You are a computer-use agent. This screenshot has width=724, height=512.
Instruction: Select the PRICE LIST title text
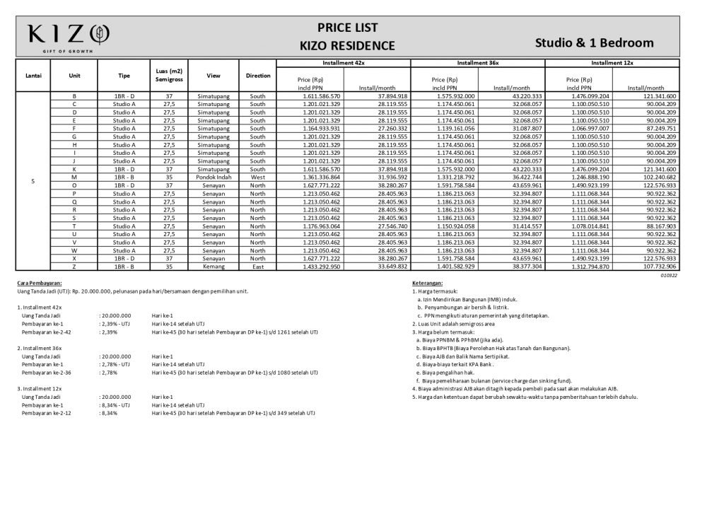coord(347,28)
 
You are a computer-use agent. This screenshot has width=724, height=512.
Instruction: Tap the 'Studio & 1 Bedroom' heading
coord(594,43)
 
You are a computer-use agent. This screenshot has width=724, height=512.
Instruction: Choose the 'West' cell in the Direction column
coord(258,177)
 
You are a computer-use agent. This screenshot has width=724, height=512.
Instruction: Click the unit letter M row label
coord(74,177)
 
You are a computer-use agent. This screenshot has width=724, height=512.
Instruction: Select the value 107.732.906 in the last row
coord(657,267)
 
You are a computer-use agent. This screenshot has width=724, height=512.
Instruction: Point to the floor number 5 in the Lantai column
coord(33,181)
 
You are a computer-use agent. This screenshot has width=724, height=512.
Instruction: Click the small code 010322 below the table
coord(668,276)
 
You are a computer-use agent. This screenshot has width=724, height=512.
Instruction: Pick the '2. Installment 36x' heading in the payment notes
coord(40,348)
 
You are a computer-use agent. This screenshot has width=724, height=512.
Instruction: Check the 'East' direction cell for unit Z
coord(258,267)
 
